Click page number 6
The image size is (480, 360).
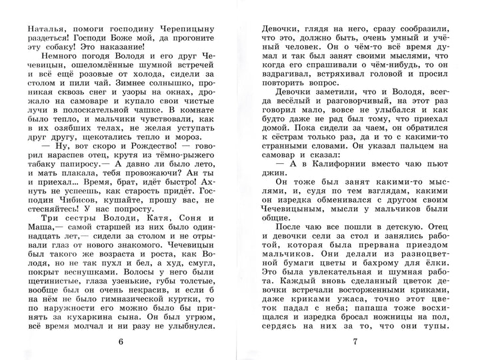coord(120,343)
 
